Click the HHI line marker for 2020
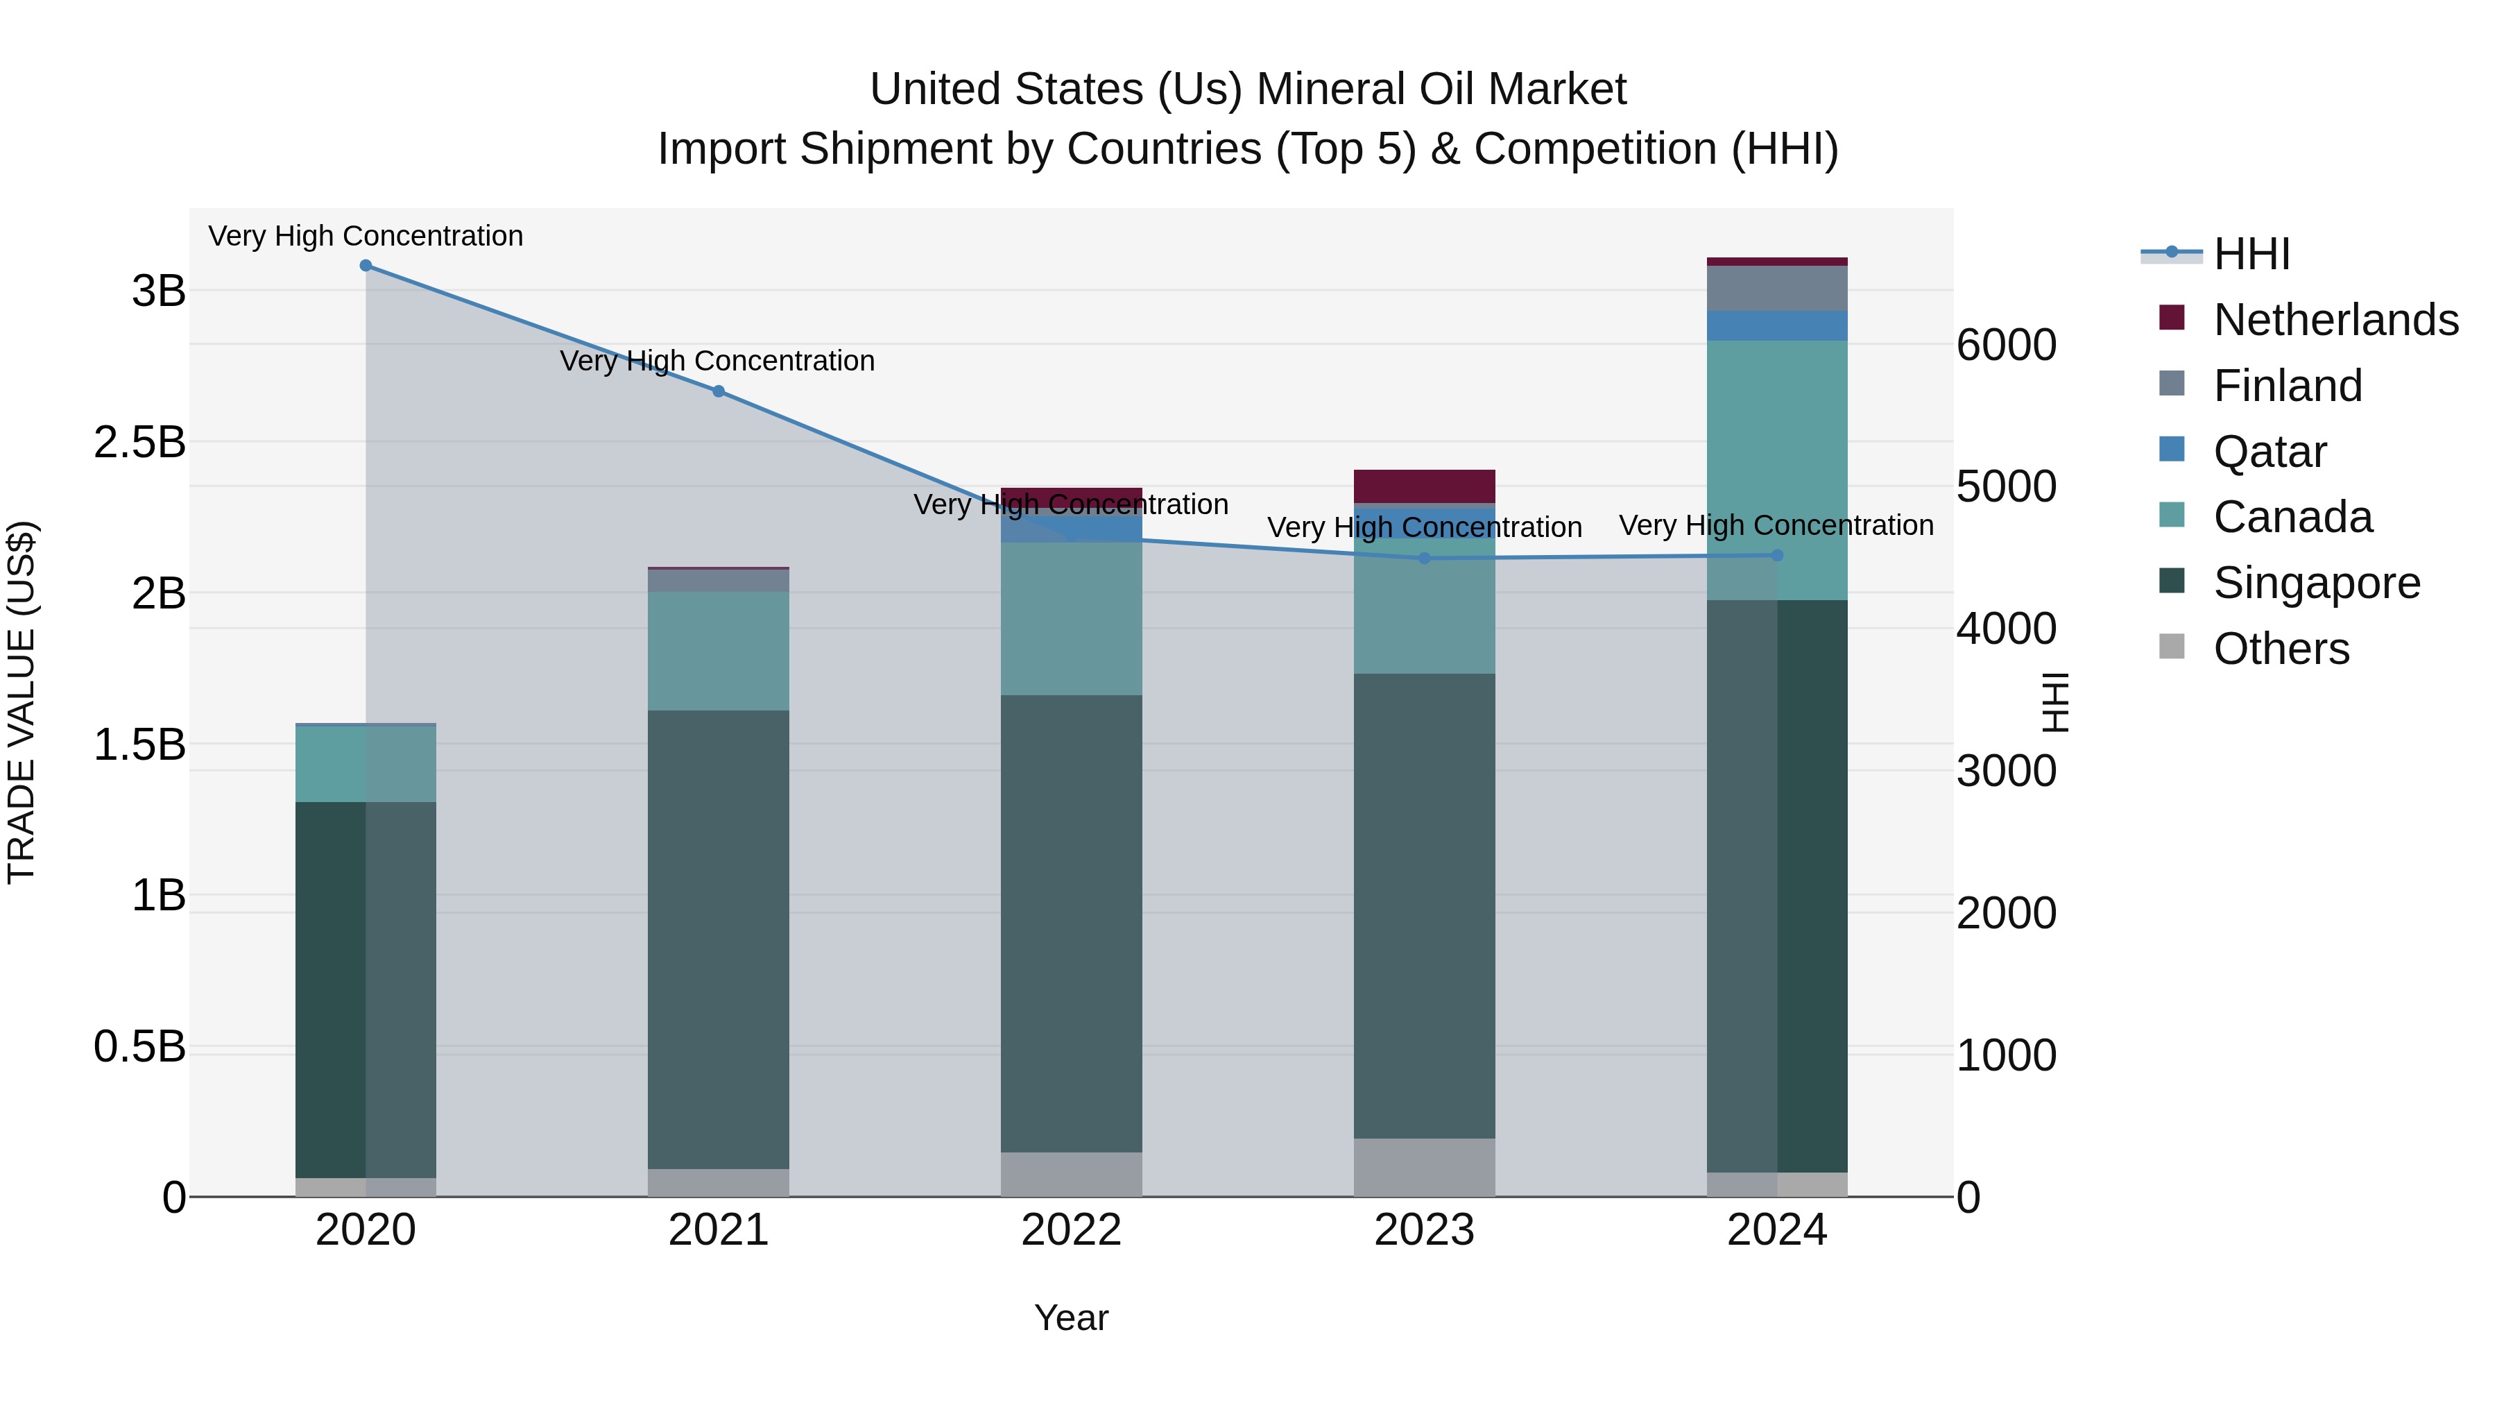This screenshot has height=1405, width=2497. pyautogui.click(x=366, y=266)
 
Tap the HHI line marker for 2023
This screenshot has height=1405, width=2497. pyautogui.click(x=1424, y=559)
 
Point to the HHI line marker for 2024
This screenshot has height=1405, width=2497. pyautogui.click(x=1777, y=556)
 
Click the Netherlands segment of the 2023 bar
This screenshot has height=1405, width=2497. pyautogui.click(x=1424, y=486)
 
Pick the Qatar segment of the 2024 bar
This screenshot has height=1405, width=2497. pyautogui.click(x=1777, y=326)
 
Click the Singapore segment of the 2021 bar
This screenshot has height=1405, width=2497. pyautogui.click(x=719, y=939)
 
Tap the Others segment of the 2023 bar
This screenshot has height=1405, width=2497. pyautogui.click(x=1424, y=1168)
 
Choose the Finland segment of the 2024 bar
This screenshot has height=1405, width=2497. pyautogui.click(x=1777, y=288)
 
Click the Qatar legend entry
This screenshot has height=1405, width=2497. pyautogui.click(x=2269, y=452)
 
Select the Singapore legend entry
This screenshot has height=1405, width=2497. pyautogui.click(x=2316, y=583)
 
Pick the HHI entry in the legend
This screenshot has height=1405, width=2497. pyautogui.click(x=2251, y=254)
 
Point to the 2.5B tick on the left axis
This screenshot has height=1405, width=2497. pyautogui.click(x=139, y=442)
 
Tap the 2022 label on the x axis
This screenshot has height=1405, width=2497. pyautogui.click(x=1071, y=1230)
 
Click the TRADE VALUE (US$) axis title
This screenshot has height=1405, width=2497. pyautogui.click(x=22, y=702)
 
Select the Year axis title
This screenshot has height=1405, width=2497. pyautogui.click(x=1071, y=1318)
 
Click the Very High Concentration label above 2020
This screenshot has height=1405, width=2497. pyautogui.click(x=366, y=236)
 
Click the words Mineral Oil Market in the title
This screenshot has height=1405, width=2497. pyautogui.click(x=1441, y=90)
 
